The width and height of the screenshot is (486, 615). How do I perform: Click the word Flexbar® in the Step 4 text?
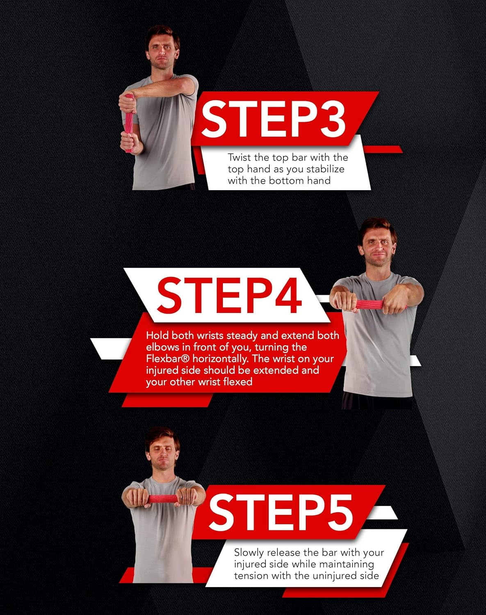tap(168, 358)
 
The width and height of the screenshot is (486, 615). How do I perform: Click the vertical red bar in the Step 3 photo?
tap(129, 123)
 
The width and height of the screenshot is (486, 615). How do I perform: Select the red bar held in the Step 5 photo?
tap(163, 499)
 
